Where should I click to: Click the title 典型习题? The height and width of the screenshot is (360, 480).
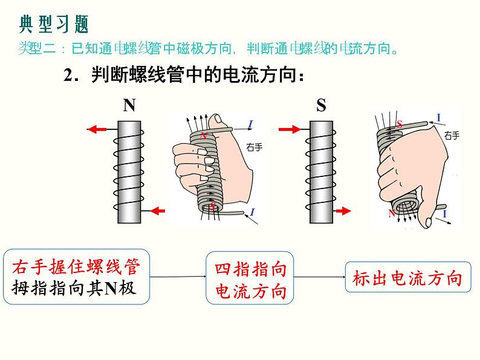coord(54,24)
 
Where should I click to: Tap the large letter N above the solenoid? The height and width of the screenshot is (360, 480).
coord(129,106)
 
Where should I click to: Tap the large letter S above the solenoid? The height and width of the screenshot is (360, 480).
coord(321,106)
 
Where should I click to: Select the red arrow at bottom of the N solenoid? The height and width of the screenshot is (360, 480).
coord(157,211)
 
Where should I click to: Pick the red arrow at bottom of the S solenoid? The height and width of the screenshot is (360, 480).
coord(343,211)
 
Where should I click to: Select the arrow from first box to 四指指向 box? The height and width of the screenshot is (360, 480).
coord(178,277)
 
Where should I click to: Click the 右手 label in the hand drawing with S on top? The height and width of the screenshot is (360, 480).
coord(450,136)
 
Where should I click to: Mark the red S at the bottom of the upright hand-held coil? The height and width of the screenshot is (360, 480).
coord(212,207)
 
